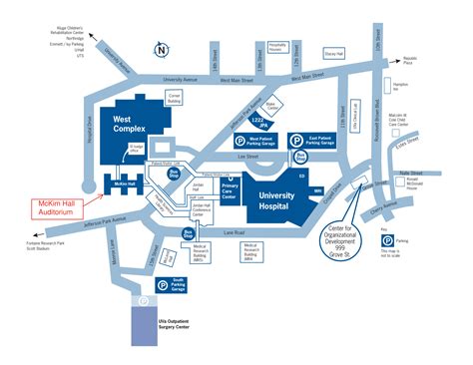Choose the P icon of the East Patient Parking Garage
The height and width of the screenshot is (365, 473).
tap(295, 141)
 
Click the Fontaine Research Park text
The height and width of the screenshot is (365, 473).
tap(41, 246)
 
